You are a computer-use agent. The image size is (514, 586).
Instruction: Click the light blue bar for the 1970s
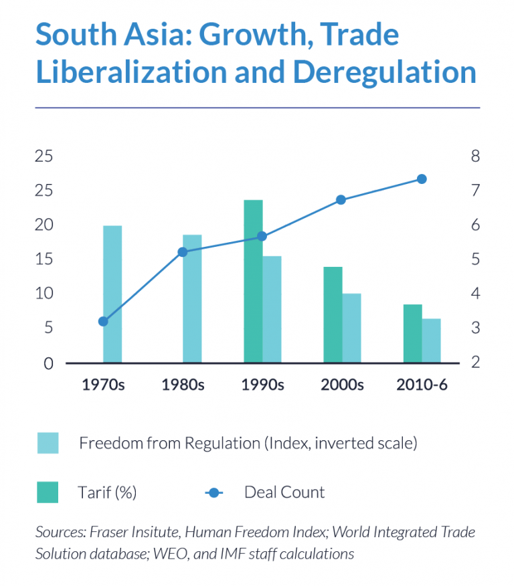(112, 294)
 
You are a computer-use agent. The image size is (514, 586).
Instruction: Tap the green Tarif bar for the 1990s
(253, 281)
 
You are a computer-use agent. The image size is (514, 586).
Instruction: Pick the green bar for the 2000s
(333, 314)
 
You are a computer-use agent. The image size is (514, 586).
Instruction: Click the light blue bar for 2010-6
(431, 340)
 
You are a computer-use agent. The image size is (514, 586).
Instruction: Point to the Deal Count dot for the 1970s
(103, 321)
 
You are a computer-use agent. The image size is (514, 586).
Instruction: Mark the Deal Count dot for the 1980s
(183, 252)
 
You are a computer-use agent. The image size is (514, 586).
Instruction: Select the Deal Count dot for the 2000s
(341, 199)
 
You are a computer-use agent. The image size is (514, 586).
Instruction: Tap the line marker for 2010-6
(422, 179)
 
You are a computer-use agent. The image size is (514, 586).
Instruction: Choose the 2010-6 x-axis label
(422, 385)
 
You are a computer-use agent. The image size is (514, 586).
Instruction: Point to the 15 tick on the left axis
(44, 259)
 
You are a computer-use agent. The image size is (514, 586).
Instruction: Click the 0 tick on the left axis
(48, 363)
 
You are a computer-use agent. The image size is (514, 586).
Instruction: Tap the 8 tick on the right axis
(475, 156)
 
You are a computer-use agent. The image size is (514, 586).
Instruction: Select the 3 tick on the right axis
(475, 328)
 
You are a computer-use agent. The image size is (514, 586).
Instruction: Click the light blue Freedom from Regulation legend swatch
(48, 443)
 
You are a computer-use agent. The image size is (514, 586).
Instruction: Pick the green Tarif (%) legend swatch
(48, 492)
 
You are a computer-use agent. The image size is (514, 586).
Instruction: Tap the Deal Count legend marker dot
(213, 493)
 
